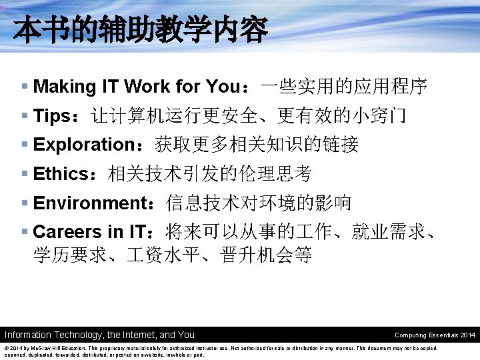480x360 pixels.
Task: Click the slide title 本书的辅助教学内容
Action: click(140, 30)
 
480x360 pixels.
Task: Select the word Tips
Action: click(52, 116)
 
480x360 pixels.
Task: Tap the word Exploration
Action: click(84, 145)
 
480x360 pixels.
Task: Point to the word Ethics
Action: click(60, 174)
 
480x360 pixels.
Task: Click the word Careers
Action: click(67, 232)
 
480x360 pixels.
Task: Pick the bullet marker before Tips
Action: click(25, 116)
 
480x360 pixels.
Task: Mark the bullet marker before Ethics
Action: click(25, 174)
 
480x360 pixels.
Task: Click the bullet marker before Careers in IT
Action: click(25, 232)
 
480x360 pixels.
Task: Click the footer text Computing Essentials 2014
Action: click(435, 335)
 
